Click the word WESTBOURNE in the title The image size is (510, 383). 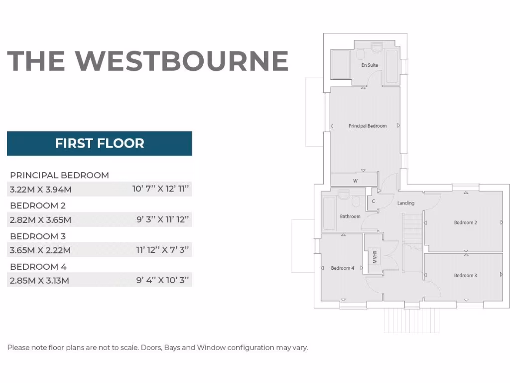(182, 60)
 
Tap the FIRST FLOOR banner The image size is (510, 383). (100, 144)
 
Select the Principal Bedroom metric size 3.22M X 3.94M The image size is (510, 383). (41, 190)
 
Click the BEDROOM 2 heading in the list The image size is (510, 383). (38, 205)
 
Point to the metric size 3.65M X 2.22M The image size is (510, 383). (40, 250)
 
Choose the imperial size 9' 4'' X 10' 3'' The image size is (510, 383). (163, 280)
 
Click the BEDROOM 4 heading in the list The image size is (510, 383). (38, 267)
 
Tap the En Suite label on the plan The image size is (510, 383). (370, 65)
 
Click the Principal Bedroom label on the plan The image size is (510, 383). (368, 126)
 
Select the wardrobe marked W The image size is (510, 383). (355, 181)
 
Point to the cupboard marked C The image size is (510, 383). (373, 202)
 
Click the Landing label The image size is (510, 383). (406, 203)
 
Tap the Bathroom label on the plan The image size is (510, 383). (350, 216)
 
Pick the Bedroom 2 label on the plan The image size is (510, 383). (465, 222)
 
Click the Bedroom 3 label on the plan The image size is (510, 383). (465, 275)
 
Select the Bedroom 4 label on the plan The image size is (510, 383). (342, 268)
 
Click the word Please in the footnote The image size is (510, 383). (18, 348)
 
